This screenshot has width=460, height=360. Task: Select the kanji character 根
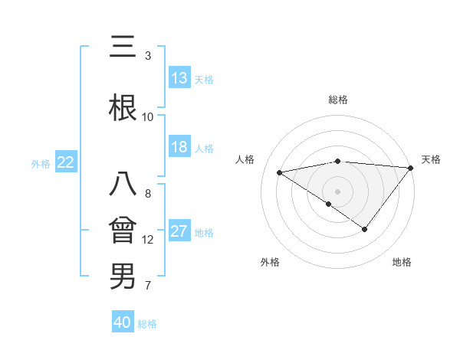point(123,108)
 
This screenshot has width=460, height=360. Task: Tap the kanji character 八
point(123,185)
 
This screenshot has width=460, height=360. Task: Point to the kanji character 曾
point(123,231)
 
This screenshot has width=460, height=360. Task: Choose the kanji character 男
point(123,277)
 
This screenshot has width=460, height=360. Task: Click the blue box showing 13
point(179,78)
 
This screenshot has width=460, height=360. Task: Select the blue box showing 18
point(179,147)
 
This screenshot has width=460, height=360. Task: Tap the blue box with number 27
point(179,231)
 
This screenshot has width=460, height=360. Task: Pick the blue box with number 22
point(66,162)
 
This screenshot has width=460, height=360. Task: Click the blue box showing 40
point(123,322)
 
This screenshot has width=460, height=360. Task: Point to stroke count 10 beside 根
point(148,117)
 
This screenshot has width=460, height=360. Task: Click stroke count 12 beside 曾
point(148,240)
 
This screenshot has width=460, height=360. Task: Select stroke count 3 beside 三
point(148,56)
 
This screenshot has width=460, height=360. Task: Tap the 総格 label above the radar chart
point(338,100)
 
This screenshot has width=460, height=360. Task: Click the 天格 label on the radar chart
point(432,159)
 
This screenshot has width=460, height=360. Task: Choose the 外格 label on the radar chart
point(270,262)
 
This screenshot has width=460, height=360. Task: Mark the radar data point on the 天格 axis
point(411,167)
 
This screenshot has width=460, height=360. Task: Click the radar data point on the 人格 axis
point(280,172)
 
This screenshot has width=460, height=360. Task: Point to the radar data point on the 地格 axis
point(365,229)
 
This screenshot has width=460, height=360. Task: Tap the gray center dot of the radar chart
point(338,191)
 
